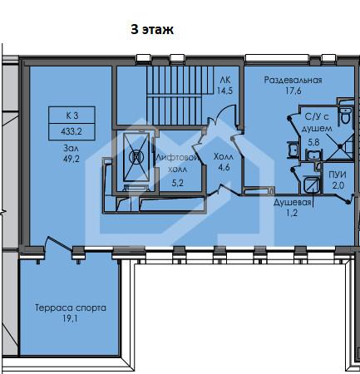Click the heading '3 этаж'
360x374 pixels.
(x=152, y=29)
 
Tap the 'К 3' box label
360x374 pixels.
(x=72, y=116)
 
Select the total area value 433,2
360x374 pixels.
(x=72, y=131)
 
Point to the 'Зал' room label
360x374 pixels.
(x=71, y=148)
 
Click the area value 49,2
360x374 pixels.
(x=72, y=159)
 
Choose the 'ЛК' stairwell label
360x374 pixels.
(x=225, y=80)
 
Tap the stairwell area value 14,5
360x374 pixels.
(x=224, y=91)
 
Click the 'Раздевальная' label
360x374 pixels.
(x=293, y=81)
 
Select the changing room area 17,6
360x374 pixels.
(x=293, y=91)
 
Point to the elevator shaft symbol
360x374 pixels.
(x=136, y=157)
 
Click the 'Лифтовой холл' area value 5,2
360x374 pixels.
(x=177, y=183)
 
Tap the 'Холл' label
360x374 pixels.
(x=224, y=157)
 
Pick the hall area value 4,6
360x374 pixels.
(x=224, y=167)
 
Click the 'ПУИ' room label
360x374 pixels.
(x=338, y=175)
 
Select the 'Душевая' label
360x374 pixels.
(x=293, y=203)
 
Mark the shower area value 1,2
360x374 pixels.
(x=292, y=213)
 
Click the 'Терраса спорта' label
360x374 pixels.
(x=71, y=308)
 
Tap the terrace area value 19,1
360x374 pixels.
(x=70, y=318)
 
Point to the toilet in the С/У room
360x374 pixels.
(x=346, y=116)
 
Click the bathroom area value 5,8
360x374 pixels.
(x=313, y=142)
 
